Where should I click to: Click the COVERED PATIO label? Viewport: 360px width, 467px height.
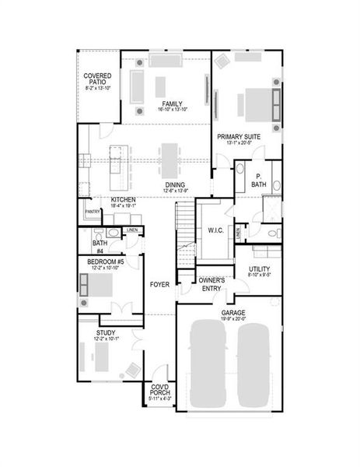[x=97, y=79]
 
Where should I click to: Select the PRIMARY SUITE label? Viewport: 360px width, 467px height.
[x=239, y=136]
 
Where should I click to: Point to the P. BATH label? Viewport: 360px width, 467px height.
[x=259, y=181]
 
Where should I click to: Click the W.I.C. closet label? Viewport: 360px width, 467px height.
[x=215, y=230]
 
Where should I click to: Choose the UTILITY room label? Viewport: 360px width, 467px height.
[x=260, y=269]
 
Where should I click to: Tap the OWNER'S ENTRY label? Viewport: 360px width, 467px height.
[x=211, y=284]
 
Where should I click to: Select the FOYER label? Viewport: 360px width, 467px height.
[x=160, y=284]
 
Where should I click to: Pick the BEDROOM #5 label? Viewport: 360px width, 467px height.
[x=105, y=262]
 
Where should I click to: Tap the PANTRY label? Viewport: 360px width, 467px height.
[x=93, y=211]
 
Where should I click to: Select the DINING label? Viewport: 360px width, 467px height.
[x=174, y=184]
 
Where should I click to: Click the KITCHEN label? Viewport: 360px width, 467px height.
[x=123, y=200]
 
